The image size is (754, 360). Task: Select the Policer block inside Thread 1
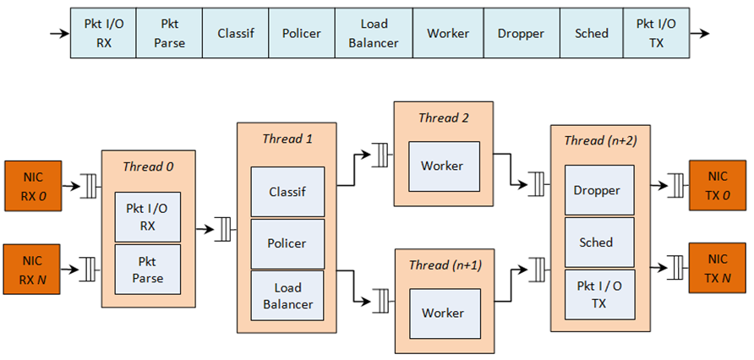coord(287,243)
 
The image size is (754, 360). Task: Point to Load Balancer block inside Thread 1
coord(287,296)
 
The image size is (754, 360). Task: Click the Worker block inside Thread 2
coord(442,166)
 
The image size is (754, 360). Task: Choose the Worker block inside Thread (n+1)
coord(442,313)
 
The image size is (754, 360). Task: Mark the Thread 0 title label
coord(148,166)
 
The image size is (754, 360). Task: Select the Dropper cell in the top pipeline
coord(521,35)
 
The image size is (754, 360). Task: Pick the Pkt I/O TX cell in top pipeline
coord(656,35)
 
